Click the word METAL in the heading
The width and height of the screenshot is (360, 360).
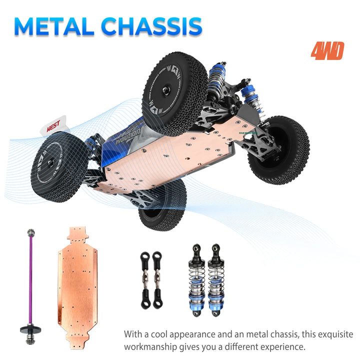pyautogui.click(x=55, y=26)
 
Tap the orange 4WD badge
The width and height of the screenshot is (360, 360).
pyautogui.click(x=327, y=51)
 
